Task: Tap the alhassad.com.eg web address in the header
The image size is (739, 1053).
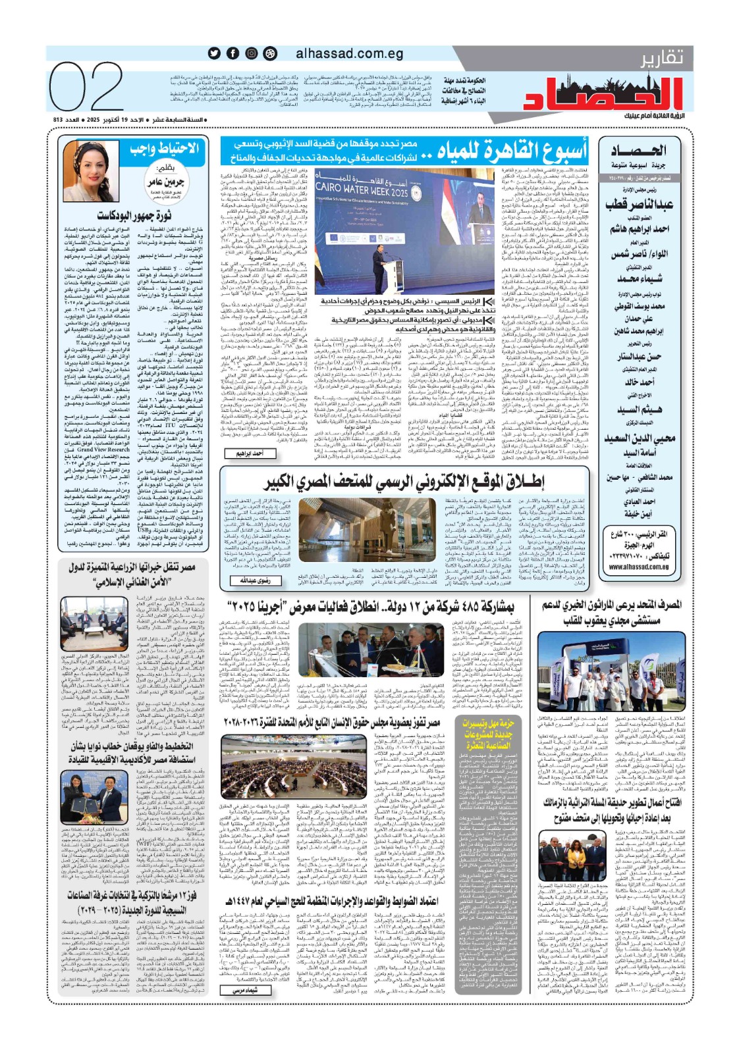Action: (x=350, y=53)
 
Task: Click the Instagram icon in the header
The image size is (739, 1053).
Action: (x=252, y=53)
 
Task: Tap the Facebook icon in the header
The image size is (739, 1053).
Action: (x=233, y=53)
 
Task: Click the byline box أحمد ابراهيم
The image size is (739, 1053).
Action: (x=250, y=453)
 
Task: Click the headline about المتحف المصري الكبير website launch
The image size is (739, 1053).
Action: (x=404, y=482)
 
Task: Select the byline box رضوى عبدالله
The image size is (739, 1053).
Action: (x=256, y=580)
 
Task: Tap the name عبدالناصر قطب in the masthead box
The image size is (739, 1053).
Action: (x=639, y=205)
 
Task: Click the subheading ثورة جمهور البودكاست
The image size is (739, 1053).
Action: (x=134, y=215)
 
